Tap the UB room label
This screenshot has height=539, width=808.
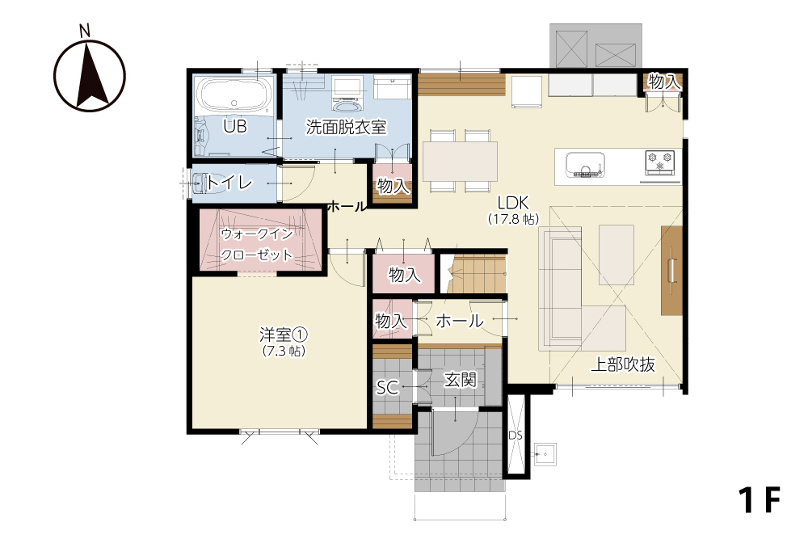[235, 126]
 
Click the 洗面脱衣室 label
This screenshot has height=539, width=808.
[346, 127]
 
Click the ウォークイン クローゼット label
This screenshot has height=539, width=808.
[257, 244]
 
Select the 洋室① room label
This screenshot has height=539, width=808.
[284, 335]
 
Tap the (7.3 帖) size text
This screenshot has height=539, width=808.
[284, 352]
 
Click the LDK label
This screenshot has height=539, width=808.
[513, 203]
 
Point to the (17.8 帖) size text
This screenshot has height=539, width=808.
[514, 219]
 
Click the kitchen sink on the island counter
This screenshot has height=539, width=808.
[585, 164]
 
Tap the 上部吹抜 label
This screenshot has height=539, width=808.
[623, 364]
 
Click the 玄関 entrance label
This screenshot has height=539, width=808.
[461, 380]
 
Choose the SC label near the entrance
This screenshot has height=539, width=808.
[387, 388]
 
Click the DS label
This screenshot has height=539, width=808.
[516, 436]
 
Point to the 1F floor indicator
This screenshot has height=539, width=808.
[760, 500]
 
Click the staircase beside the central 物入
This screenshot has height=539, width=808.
[475, 274]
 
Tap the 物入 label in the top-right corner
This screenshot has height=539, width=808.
[665, 82]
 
